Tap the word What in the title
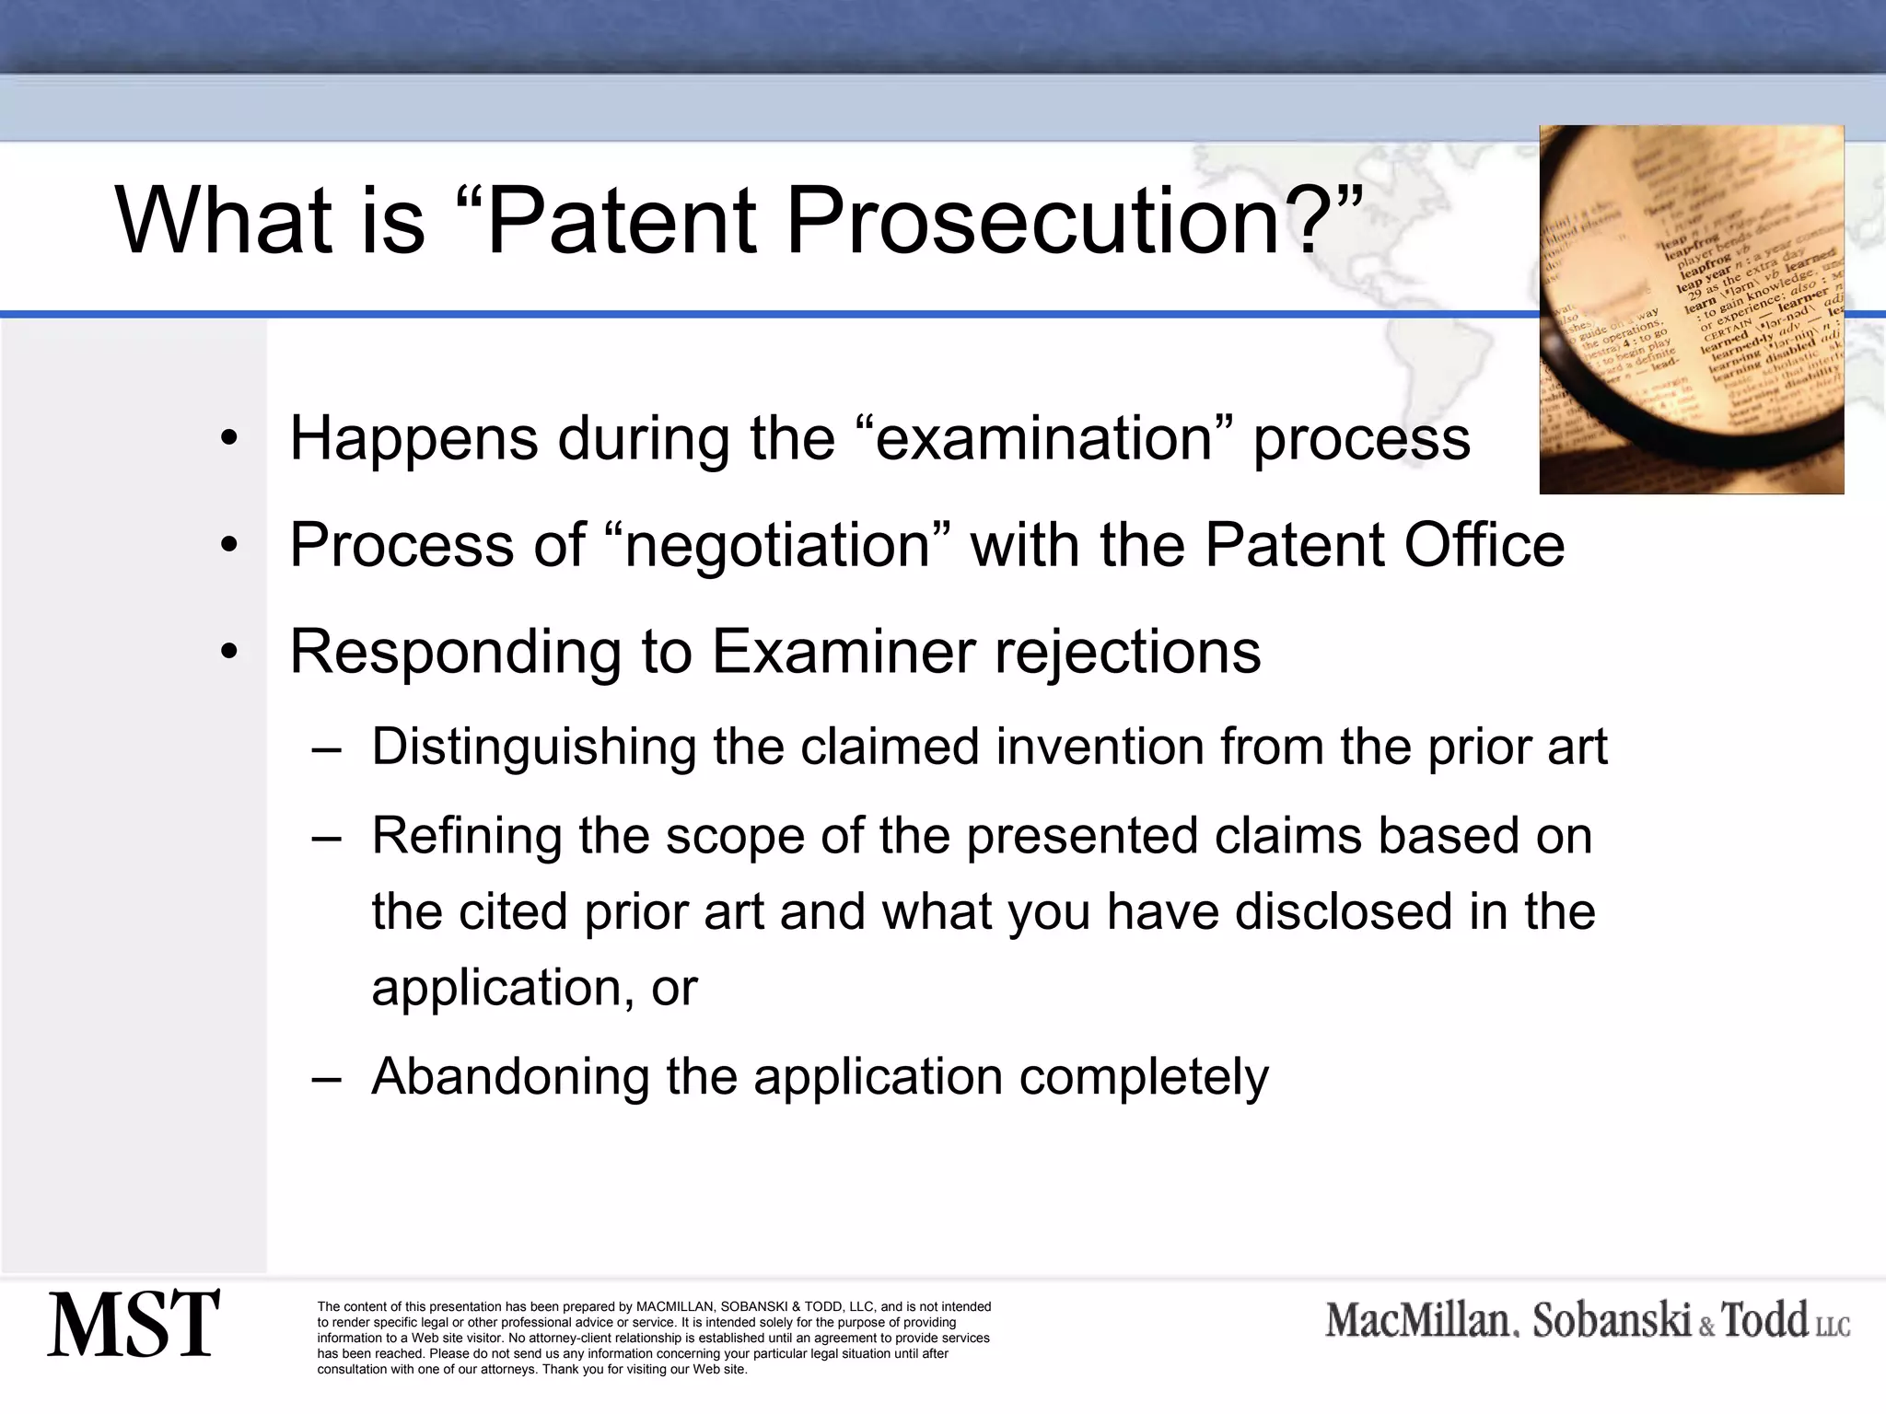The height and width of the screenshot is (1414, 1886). pos(223,221)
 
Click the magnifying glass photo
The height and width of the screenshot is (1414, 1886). pos(1691,309)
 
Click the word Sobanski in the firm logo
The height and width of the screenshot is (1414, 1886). pos(1612,1320)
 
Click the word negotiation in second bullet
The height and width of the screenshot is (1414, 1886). pos(777,545)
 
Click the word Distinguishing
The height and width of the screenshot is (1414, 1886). pos(533,747)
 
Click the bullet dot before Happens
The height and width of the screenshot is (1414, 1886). pos(229,438)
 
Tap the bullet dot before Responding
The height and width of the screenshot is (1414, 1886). pos(229,652)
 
